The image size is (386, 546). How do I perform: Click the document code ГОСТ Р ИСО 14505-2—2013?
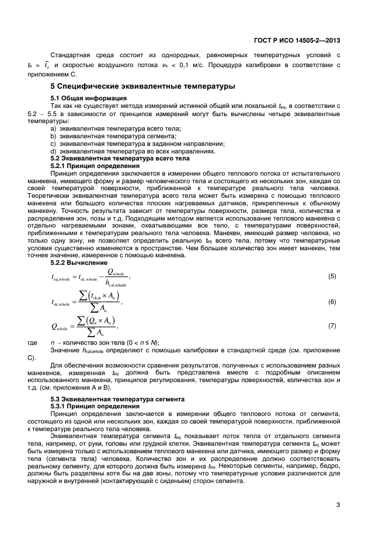pos(297,41)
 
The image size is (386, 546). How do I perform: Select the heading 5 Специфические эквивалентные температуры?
pos(142,86)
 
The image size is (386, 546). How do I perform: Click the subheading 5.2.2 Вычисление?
pos(79,262)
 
